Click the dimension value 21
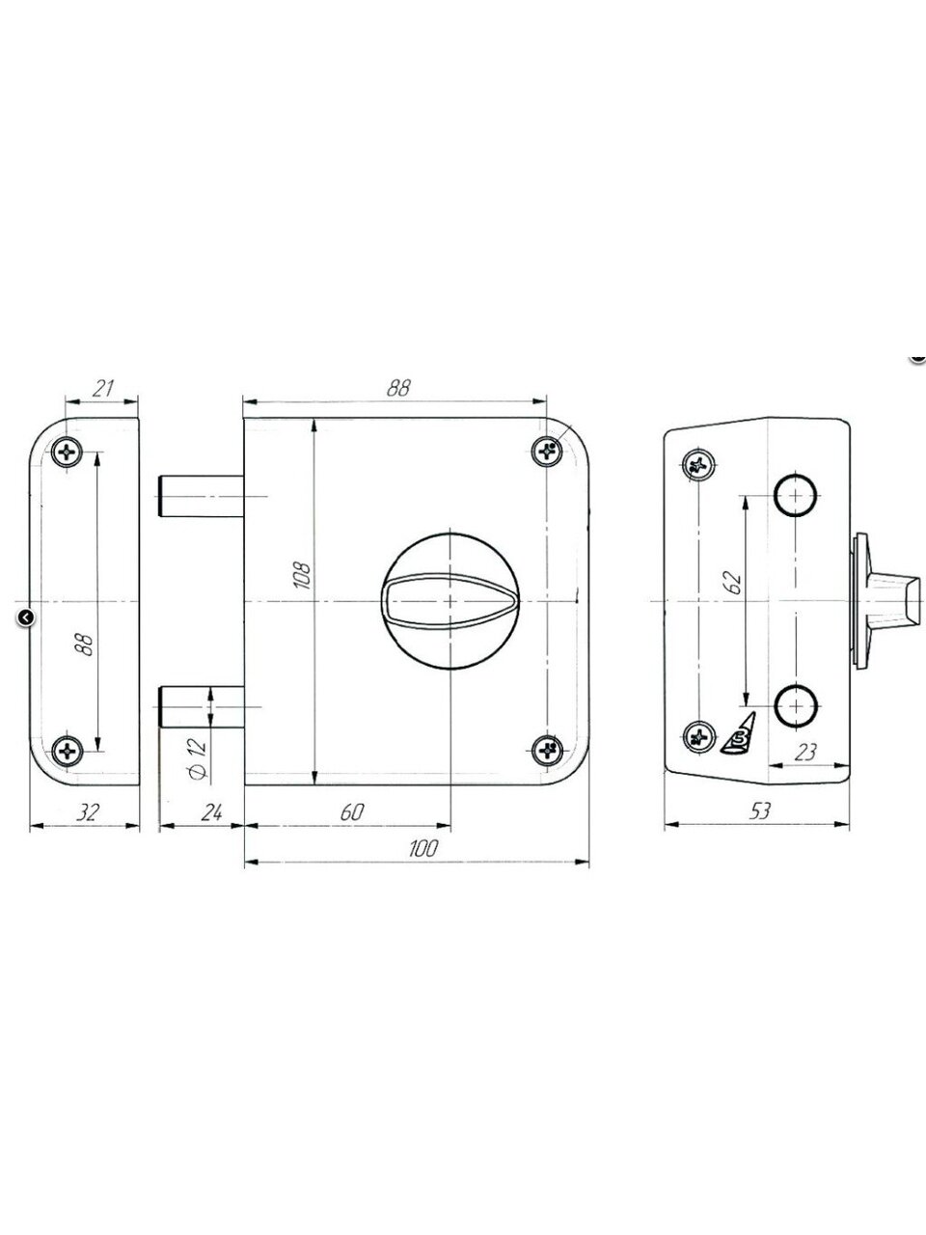(x=103, y=388)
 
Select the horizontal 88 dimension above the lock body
(x=398, y=388)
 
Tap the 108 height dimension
(x=302, y=574)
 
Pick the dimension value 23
(x=804, y=753)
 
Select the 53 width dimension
(x=759, y=810)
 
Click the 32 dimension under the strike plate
(x=88, y=811)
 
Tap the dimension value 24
(x=211, y=811)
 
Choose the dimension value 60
(x=352, y=811)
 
